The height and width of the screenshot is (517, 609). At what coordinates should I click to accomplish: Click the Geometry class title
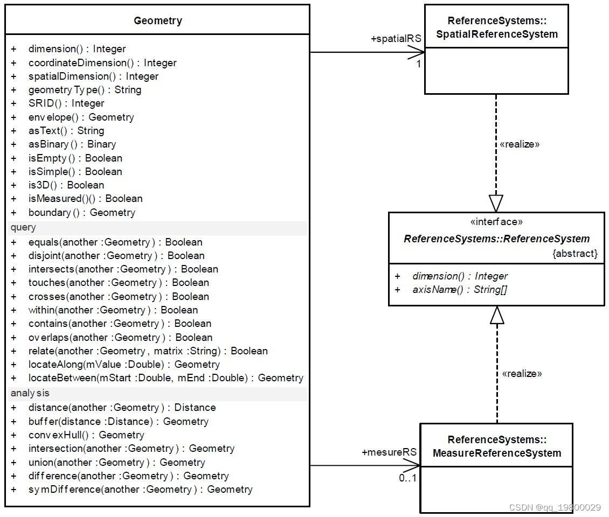(157, 21)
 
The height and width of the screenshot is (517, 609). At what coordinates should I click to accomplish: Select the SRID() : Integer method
(66, 103)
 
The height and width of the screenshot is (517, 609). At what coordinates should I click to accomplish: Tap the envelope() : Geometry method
(81, 117)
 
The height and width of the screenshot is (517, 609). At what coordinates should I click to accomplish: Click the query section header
(23, 227)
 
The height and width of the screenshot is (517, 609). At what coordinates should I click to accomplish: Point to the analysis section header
(30, 393)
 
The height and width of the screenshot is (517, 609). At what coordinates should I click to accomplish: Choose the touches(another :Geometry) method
(119, 283)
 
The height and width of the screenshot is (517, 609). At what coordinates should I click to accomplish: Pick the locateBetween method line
(165, 378)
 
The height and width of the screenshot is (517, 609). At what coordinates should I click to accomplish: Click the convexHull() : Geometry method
(86, 435)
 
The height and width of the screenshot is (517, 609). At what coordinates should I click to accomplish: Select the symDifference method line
(140, 490)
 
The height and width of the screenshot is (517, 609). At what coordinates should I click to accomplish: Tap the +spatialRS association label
(396, 39)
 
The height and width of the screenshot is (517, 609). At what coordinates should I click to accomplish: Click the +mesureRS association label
(389, 452)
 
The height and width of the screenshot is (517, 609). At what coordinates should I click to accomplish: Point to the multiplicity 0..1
(407, 478)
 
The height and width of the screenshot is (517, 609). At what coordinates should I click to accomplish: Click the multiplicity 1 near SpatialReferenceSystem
(418, 64)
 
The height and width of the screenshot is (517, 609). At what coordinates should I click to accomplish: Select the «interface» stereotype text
(496, 222)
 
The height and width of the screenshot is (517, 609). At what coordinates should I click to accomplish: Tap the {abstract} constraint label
(575, 253)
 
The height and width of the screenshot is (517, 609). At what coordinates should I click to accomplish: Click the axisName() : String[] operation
(460, 290)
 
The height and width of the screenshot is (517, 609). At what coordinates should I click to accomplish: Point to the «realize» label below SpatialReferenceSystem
(520, 144)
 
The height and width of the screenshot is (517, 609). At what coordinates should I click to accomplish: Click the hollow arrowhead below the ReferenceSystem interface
(497, 316)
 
